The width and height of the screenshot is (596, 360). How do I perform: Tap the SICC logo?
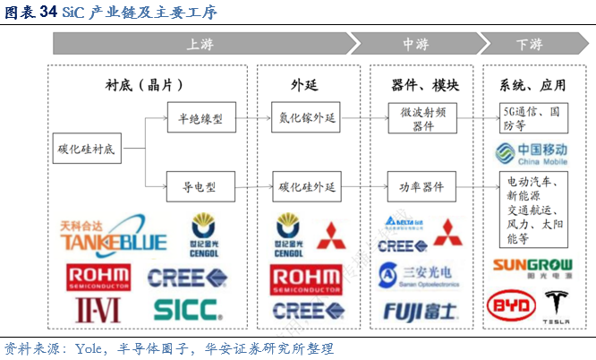[x=186, y=309]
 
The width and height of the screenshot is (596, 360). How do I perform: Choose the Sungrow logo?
[x=534, y=265]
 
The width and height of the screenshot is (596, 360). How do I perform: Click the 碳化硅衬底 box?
[x=86, y=149]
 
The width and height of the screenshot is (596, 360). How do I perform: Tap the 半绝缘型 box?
[x=200, y=117]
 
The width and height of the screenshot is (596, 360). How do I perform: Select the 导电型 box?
[x=200, y=187]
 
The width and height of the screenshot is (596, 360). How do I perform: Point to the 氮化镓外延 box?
[x=306, y=117]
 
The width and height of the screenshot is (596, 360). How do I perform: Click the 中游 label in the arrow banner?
[x=414, y=44]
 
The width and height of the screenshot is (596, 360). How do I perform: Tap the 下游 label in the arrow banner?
[x=529, y=44]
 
